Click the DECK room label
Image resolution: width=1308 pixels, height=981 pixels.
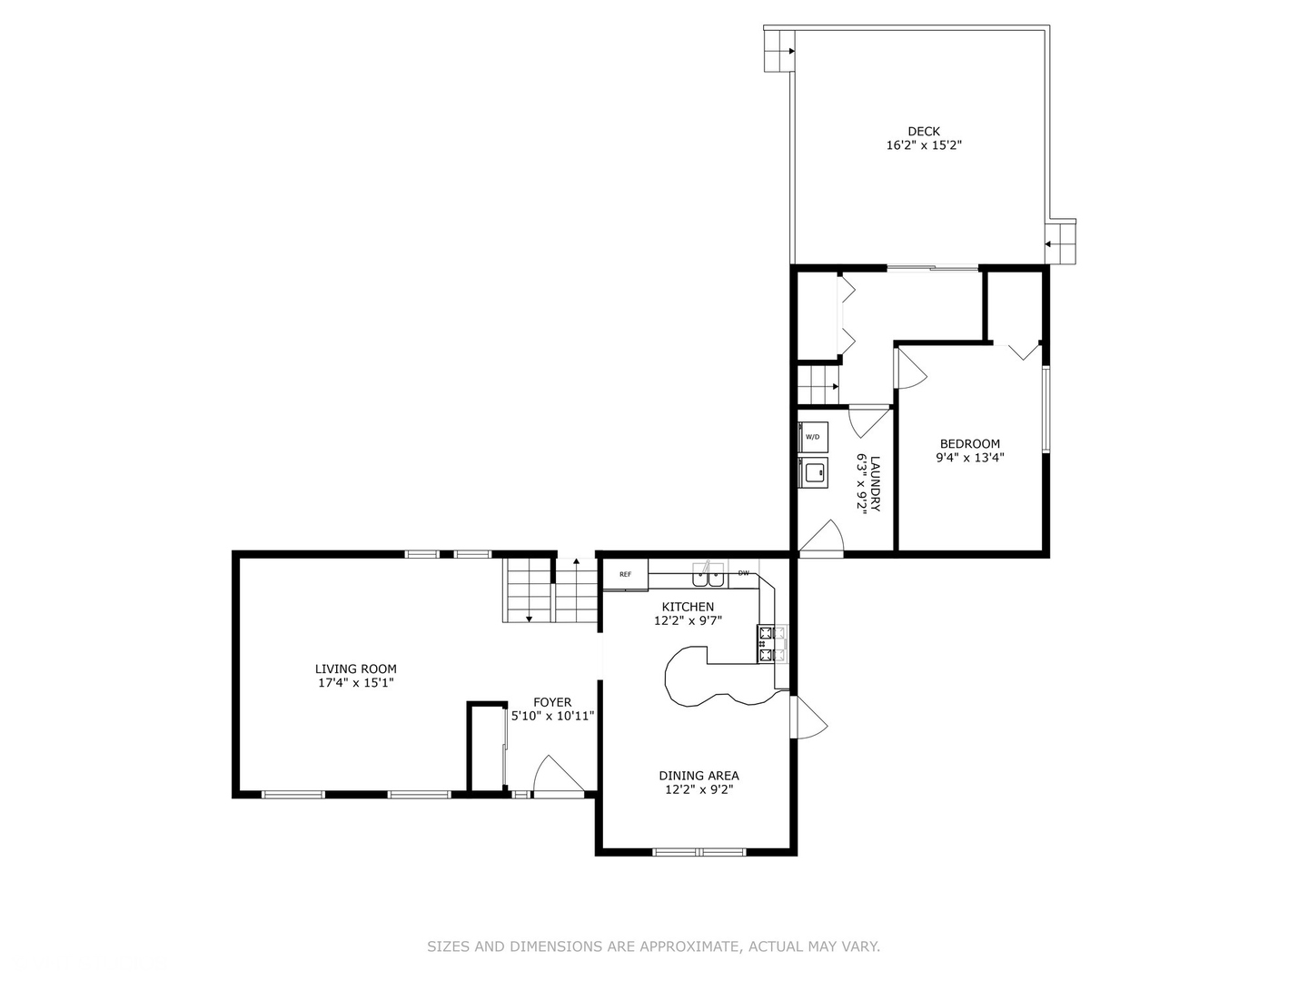click(924, 132)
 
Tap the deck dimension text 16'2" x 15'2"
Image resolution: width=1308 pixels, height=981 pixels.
click(924, 145)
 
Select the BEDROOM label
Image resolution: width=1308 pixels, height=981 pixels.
click(969, 444)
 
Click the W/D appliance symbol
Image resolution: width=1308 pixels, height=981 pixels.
click(812, 436)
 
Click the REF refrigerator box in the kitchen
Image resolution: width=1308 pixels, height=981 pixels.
click(625, 575)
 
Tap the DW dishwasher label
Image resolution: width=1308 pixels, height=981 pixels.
click(743, 573)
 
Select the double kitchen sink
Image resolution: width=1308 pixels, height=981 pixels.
click(708, 575)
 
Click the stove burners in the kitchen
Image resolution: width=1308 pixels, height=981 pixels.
click(767, 643)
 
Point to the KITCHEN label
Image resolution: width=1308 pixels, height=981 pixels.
click(688, 607)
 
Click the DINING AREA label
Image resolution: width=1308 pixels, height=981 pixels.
click(699, 776)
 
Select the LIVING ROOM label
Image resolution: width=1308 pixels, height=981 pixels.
click(355, 669)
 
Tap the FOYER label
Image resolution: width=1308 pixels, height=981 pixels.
click(552, 702)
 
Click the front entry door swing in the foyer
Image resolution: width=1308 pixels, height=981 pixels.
click(556, 776)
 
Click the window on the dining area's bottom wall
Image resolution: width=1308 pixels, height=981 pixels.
click(699, 852)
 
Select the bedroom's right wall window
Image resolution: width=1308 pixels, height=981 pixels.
click(1045, 409)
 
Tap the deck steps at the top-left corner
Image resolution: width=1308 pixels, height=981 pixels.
click(778, 51)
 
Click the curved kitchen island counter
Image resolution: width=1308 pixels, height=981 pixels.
click(699, 678)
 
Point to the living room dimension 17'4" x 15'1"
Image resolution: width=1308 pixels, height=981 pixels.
click(355, 683)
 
